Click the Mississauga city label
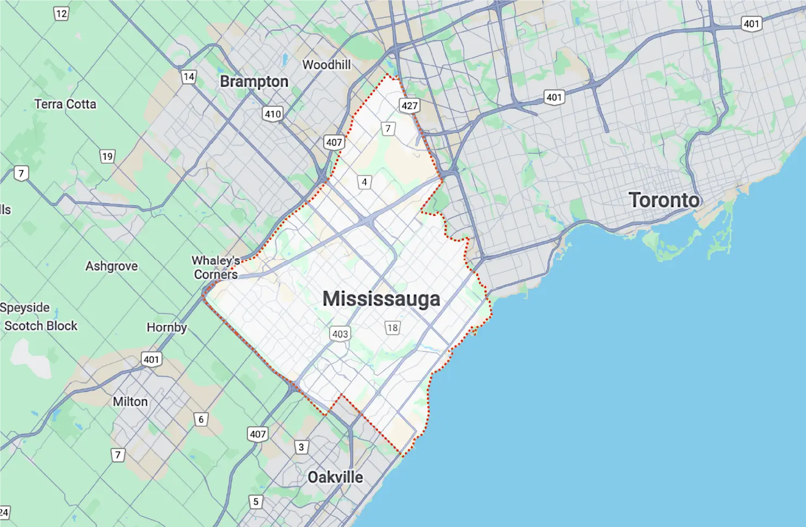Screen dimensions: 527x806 tap(381, 299)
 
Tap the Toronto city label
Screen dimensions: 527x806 tap(664, 200)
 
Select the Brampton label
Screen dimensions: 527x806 tap(254, 82)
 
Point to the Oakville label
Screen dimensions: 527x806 tap(335, 477)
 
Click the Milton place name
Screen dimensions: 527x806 tap(130, 402)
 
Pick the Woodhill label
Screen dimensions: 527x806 tap(326, 65)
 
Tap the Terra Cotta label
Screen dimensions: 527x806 tap(65, 104)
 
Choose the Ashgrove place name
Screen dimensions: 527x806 tap(112, 266)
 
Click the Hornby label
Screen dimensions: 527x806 tap(167, 328)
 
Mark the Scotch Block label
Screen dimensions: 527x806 tap(41, 326)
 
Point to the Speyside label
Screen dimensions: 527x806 tap(25, 308)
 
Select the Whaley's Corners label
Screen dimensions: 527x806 tap(215, 268)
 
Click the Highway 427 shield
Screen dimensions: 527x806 tap(409, 106)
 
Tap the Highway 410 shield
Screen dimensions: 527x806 tap(272, 114)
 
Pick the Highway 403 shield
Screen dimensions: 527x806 tap(340, 334)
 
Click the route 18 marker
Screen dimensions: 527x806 tap(392, 328)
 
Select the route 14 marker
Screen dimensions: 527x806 tap(188, 77)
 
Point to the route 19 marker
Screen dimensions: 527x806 tap(107, 157)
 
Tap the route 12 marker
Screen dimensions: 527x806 tap(61, 14)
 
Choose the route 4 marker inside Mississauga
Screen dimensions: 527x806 tap(364, 182)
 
